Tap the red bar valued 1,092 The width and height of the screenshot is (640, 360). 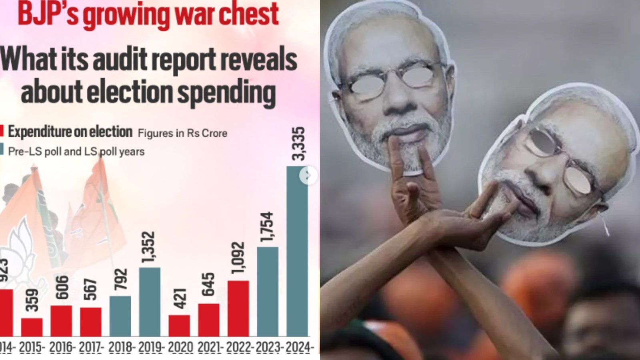[238, 308]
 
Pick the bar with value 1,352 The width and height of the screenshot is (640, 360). [150, 302]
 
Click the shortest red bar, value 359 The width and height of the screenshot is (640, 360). [32, 327]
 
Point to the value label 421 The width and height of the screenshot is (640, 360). [180, 298]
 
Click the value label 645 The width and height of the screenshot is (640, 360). [208, 284]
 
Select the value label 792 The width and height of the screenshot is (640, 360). [120, 280]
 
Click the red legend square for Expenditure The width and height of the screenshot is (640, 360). [2, 131]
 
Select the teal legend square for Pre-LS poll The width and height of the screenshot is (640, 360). [2, 150]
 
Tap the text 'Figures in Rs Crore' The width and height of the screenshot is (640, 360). [182, 133]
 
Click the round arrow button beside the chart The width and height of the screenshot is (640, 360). [308, 175]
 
